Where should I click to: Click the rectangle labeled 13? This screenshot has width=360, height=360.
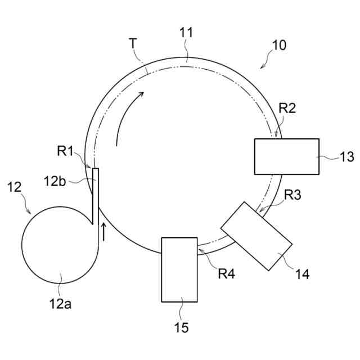click(286, 156)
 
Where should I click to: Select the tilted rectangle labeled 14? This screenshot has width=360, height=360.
click(256, 236)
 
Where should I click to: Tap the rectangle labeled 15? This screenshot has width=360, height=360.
click(179, 269)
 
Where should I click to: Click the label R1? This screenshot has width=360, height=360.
click(65, 151)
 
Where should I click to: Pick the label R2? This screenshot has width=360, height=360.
click(287, 109)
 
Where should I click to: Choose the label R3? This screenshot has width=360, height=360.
click(292, 195)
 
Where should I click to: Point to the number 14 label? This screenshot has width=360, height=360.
click(303, 274)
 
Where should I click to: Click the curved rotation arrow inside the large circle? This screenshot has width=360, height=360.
click(125, 112)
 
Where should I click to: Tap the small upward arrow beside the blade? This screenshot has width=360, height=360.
click(103, 231)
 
